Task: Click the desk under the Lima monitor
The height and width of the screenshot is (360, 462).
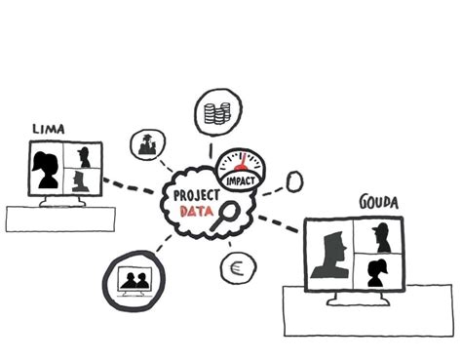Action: [59, 219]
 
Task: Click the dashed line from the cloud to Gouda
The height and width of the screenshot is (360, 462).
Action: [280, 224]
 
